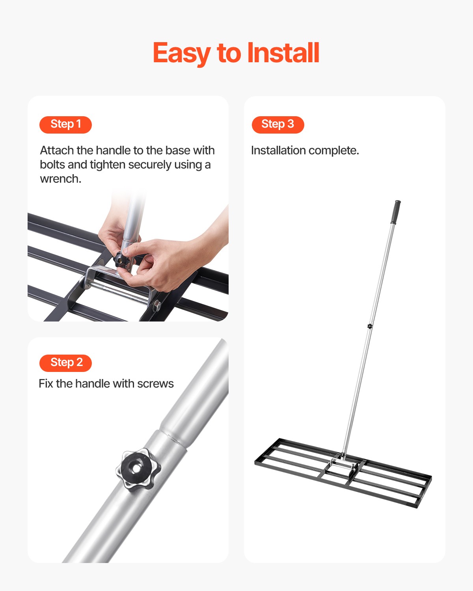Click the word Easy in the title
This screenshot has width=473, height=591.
(x=182, y=53)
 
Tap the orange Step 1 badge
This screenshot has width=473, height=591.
(x=65, y=125)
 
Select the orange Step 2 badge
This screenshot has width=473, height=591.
(x=65, y=363)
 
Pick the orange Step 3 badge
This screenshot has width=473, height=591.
(x=278, y=125)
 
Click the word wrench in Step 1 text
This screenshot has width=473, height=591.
(x=60, y=179)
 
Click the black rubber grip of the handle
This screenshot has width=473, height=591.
(x=395, y=212)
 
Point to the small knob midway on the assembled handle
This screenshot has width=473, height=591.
(x=370, y=326)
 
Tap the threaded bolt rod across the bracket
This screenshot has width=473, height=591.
(x=118, y=292)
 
